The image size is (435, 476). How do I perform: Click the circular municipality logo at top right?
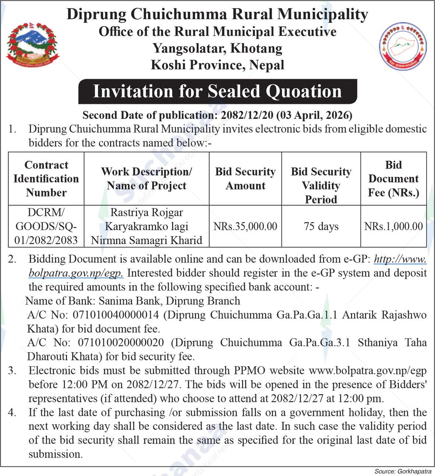(403, 46)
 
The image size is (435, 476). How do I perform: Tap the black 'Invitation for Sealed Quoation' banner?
(217, 91)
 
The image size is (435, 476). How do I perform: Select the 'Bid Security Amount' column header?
(245, 179)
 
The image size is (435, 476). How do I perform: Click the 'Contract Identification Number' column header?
(46, 179)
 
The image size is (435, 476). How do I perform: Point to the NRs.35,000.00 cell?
(245, 226)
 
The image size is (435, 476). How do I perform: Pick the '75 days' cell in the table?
(321, 226)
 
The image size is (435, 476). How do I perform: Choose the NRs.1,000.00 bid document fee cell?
(393, 226)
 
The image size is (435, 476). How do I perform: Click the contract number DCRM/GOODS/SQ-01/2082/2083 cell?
(46, 226)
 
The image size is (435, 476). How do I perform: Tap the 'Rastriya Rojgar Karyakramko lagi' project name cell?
(147, 226)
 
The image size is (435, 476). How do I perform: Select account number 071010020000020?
(121, 343)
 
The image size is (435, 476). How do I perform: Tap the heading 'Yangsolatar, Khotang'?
(217, 48)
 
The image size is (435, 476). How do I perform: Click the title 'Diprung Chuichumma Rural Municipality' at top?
(217, 14)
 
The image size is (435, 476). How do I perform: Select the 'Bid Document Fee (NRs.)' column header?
(393, 179)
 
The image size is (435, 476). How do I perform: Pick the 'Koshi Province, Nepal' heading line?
(217, 65)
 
